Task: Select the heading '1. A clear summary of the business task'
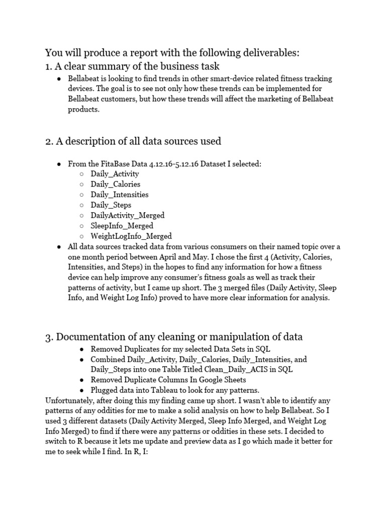[132, 66]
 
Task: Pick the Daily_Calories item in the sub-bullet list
[116, 184]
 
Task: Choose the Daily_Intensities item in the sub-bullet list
[120, 195]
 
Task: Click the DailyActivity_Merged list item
[128, 215]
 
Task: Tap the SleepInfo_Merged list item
[122, 226]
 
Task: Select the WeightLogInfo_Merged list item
[131, 236]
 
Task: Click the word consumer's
[165, 277]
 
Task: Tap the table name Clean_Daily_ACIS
[234, 370]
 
